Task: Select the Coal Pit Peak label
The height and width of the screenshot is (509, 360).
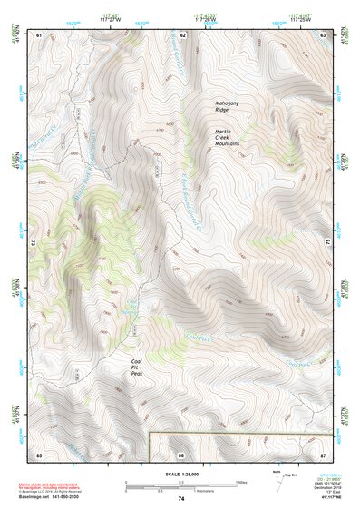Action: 137,367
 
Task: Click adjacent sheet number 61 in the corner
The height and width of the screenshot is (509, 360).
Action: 39,34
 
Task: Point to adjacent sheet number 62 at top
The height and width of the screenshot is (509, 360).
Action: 182,34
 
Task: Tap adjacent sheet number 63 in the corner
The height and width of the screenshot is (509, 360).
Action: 324,34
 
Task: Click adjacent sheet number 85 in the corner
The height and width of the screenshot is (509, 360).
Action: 39,453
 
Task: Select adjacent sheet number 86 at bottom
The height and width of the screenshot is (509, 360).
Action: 182,453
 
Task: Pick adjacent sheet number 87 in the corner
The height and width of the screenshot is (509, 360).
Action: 324,453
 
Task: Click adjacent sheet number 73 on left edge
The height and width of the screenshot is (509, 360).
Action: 34,243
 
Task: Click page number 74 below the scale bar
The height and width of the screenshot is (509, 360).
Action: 181,499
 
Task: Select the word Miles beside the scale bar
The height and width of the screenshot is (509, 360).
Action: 240,481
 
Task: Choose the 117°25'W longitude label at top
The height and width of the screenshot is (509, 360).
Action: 300,19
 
